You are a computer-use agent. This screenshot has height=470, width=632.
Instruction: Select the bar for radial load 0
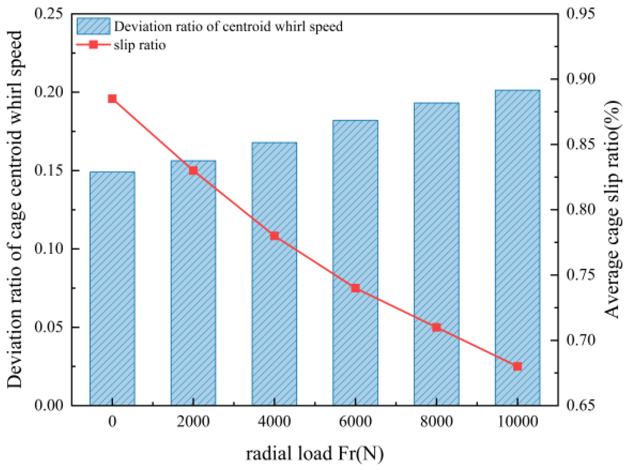pyautogui.click(x=112, y=288)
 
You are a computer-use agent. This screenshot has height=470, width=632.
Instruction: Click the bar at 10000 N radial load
pyautogui.click(x=517, y=248)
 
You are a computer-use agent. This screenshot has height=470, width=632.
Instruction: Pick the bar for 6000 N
pyautogui.click(x=355, y=262)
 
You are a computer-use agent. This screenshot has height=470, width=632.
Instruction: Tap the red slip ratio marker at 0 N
pyautogui.click(x=112, y=99)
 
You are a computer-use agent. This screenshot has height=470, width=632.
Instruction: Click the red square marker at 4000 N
pyautogui.click(x=274, y=236)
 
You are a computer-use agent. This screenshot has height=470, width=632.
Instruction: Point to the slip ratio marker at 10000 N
pyautogui.click(x=517, y=366)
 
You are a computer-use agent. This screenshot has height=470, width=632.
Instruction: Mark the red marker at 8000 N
pyautogui.click(x=436, y=327)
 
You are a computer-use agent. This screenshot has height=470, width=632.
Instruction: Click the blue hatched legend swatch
pyautogui.click(x=93, y=26)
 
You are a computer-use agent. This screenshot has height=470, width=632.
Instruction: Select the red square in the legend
pyautogui.click(x=93, y=45)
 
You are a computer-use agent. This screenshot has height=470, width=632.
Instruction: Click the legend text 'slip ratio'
pyautogui.click(x=140, y=45)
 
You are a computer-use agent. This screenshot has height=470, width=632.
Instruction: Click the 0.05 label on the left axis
pyautogui.click(x=48, y=327)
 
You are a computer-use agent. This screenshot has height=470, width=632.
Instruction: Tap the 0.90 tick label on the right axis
pyautogui.click(x=581, y=79)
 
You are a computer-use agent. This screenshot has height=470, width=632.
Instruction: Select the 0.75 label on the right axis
pyautogui.click(x=581, y=275)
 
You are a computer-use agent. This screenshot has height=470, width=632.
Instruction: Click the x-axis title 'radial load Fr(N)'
pyautogui.click(x=315, y=454)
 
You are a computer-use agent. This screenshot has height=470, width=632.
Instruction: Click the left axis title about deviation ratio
pyautogui.click(x=15, y=209)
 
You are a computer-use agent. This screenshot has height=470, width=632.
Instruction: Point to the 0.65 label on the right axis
pyautogui.click(x=581, y=405)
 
